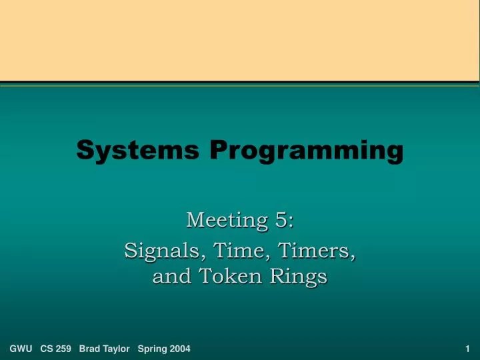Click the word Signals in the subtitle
[165, 252]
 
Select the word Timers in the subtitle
[313, 251]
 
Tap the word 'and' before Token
[171, 275]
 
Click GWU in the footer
[21, 349]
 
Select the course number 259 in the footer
[65, 349]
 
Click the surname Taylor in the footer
[117, 349]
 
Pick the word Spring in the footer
[152, 349]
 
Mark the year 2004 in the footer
[179, 349]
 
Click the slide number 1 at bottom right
[468, 349]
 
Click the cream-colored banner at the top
[240, 40]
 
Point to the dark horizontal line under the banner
[240, 83]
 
